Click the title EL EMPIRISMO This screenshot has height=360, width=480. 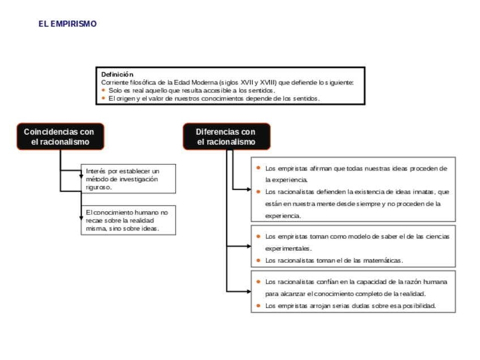click(67, 24)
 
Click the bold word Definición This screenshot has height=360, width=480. click(117, 74)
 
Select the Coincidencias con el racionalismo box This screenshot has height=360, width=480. click(60, 136)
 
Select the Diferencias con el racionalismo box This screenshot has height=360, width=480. click(226, 136)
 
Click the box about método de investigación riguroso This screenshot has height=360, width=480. click(128, 179)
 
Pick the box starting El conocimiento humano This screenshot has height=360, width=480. click(128, 220)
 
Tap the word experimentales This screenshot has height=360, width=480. click(288, 248)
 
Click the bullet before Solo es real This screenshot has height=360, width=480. click(104, 90)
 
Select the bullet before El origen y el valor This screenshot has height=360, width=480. click(104, 98)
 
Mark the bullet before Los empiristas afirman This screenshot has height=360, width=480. click(258, 168)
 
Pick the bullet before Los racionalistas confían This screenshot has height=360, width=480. click(258, 281)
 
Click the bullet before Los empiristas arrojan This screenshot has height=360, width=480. click(258, 306)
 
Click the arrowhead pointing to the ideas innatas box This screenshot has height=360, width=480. click(248, 189)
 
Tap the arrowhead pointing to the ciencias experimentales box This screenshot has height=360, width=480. click(248, 246)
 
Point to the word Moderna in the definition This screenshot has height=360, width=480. click(206, 82)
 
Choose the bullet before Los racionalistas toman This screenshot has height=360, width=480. click(258, 260)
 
